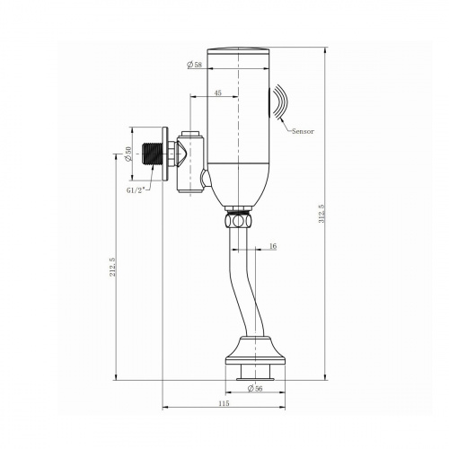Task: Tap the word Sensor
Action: (x=304, y=131)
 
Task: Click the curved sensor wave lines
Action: (x=278, y=101)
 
